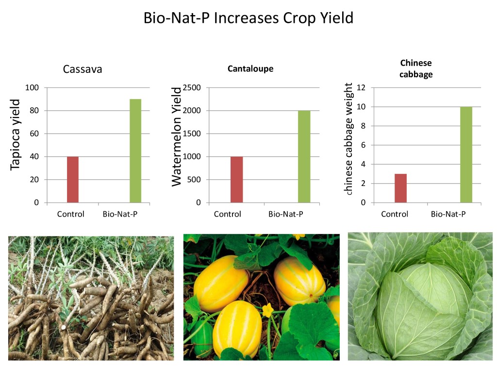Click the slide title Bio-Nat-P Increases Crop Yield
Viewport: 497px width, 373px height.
248,18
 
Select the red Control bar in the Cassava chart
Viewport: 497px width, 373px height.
73,180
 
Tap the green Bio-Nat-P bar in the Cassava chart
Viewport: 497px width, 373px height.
135,151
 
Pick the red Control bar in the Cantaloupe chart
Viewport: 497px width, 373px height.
236,180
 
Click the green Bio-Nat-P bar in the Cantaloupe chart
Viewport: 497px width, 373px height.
304,156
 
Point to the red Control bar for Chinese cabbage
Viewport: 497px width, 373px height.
400,188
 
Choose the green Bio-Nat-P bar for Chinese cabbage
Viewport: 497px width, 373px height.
466,154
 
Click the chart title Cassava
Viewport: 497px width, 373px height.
83,69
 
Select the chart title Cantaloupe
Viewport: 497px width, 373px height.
250,68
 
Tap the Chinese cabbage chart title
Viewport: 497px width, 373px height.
416,68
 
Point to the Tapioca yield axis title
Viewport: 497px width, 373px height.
15,135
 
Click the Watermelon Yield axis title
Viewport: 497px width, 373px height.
176,136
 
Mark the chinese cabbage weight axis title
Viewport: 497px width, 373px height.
348,138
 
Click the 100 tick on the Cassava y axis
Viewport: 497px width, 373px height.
32,87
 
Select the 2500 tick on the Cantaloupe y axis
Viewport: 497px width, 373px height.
192,87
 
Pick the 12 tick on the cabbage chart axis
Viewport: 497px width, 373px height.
361,87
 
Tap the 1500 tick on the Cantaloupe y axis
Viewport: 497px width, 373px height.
192,134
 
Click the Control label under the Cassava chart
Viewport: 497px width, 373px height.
71,214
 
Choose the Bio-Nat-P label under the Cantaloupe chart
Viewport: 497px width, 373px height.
286,214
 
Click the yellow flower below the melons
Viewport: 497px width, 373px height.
268,310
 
